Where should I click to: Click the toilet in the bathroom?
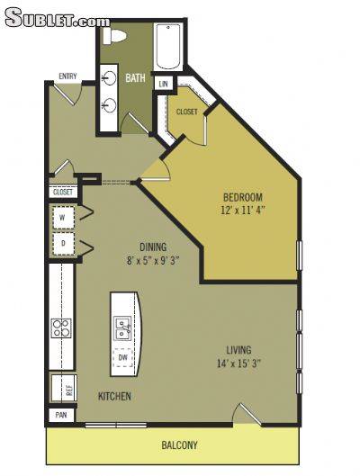tap(113, 35)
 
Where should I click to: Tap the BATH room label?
tap(135, 78)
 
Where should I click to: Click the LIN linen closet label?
tap(164, 84)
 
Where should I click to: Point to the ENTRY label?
tap(68, 76)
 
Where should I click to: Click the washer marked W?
tap(63, 218)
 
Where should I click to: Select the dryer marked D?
tap(63, 244)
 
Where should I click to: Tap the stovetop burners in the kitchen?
tap(61, 328)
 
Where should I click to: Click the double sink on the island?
tap(122, 328)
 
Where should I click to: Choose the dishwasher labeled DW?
tap(123, 357)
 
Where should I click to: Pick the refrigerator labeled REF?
tap(64, 388)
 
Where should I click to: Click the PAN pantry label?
tap(61, 415)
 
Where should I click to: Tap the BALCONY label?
tap(179, 445)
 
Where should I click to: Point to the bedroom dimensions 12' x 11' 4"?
tap(243, 210)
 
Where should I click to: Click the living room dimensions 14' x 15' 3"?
tap(239, 364)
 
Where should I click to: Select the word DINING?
tap(153, 247)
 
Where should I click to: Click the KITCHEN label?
tap(114, 396)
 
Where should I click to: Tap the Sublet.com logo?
tap(58, 17)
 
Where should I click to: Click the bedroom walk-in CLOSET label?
tap(186, 112)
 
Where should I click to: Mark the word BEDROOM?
tap(243, 197)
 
